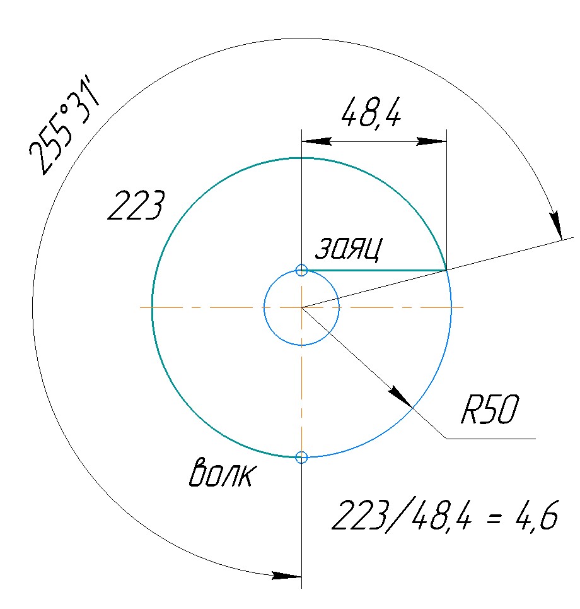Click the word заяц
pyautogui.click(x=348, y=249)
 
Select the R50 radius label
pyautogui.click(x=490, y=410)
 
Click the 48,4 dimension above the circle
pyautogui.click(x=371, y=112)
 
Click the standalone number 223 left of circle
pyautogui.click(x=136, y=206)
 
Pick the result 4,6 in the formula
pyautogui.click(x=536, y=515)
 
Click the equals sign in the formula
pyautogui.click(x=493, y=517)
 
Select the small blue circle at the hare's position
pyautogui.click(x=301, y=270)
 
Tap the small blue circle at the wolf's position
pyautogui.click(x=301, y=457)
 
